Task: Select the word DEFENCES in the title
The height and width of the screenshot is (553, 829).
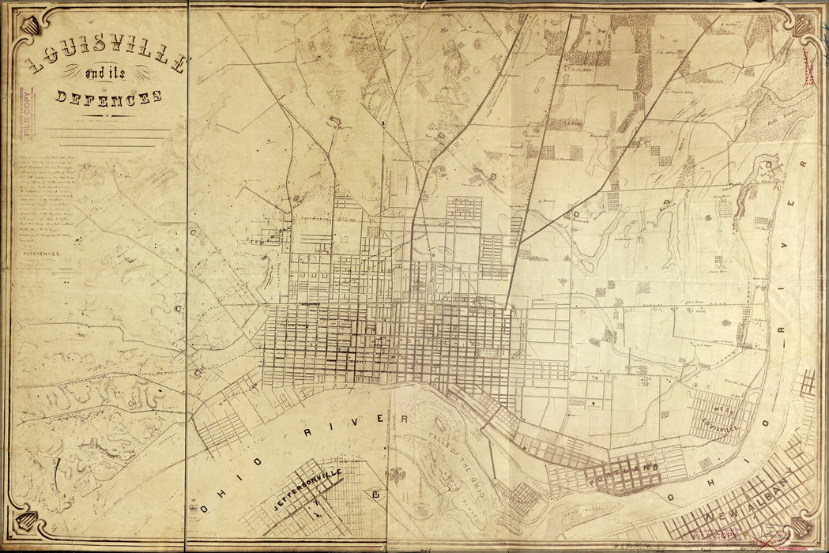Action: [109, 97]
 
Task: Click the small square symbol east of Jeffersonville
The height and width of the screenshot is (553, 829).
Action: [372, 495]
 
